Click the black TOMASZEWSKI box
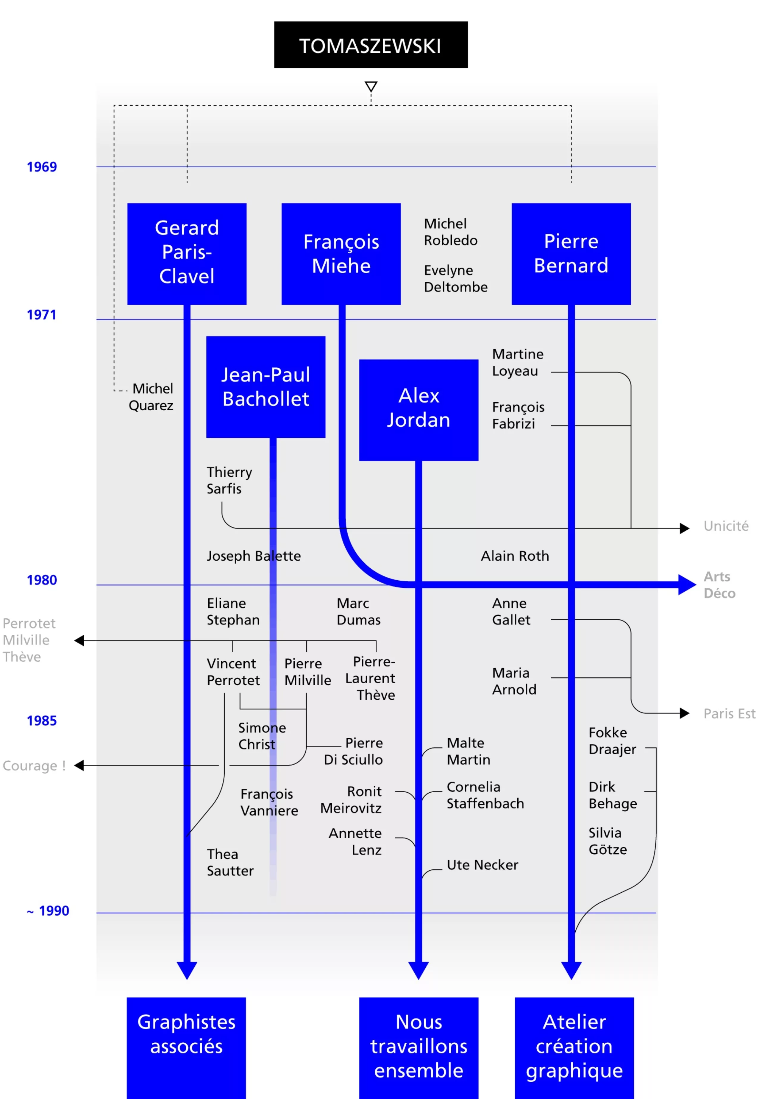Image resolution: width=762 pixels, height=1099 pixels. (371, 45)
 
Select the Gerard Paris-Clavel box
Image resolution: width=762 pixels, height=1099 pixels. (187, 254)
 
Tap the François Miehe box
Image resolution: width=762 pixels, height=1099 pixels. (341, 254)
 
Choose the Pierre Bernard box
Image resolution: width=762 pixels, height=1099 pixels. (571, 254)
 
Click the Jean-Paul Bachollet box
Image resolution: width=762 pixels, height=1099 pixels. (266, 387)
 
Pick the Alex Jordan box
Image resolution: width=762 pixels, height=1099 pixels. (418, 410)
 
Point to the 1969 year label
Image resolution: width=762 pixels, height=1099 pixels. (42, 167)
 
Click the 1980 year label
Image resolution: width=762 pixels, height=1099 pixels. (42, 580)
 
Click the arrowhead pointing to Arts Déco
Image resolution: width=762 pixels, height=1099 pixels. (687, 584)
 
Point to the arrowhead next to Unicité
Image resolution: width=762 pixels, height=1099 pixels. (685, 528)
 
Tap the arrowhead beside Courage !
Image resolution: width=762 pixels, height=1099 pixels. (79, 766)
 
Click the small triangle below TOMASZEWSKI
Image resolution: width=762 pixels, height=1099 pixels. (371, 86)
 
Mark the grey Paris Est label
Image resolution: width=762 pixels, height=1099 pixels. (729, 714)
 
